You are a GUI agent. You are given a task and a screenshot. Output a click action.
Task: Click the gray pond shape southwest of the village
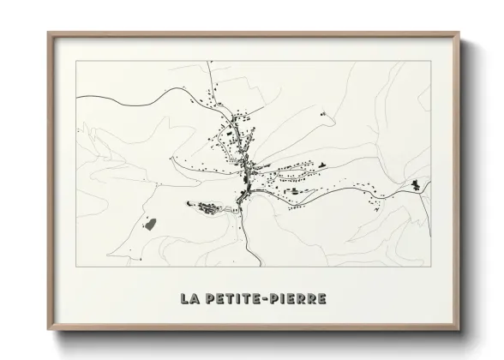point(149,225)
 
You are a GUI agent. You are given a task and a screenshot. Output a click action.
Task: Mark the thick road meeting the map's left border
point(78,97)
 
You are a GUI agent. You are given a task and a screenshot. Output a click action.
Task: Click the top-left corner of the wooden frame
point(48,33)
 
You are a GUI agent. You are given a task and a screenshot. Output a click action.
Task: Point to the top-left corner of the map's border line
point(76,62)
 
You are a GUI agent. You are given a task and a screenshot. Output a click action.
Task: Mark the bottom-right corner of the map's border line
point(431,267)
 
